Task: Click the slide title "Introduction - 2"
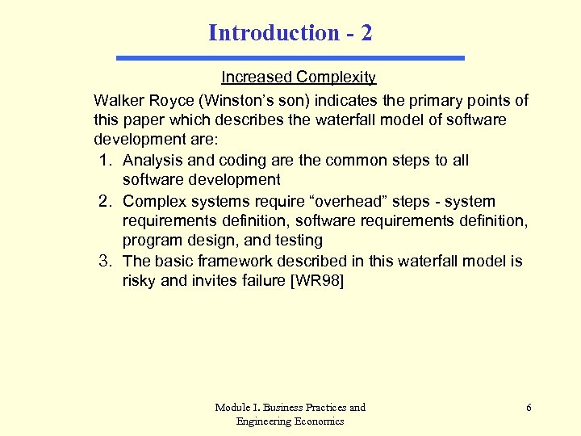[x=290, y=32]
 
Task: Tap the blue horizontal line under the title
[x=290, y=58]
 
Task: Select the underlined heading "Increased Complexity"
[x=299, y=78]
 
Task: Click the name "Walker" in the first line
[x=118, y=101]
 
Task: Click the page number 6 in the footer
[x=529, y=408]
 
